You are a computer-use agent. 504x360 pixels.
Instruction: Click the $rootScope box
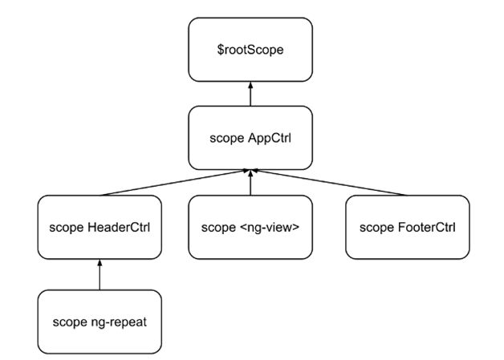point(250,50)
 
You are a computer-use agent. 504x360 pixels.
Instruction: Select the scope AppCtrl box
point(250,137)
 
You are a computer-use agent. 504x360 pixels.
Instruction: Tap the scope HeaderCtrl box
point(100,226)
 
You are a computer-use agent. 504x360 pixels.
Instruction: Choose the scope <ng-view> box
point(250,226)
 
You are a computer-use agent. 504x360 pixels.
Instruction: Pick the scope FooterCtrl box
point(407,226)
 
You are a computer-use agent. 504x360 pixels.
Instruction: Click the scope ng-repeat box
point(100,322)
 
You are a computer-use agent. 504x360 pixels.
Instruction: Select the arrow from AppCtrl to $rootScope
point(250,95)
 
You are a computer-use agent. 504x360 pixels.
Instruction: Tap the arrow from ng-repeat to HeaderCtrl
point(100,275)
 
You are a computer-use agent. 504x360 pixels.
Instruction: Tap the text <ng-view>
point(269,227)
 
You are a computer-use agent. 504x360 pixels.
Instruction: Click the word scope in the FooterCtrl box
point(376,227)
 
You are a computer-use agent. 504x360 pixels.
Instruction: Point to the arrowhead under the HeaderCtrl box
point(100,263)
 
